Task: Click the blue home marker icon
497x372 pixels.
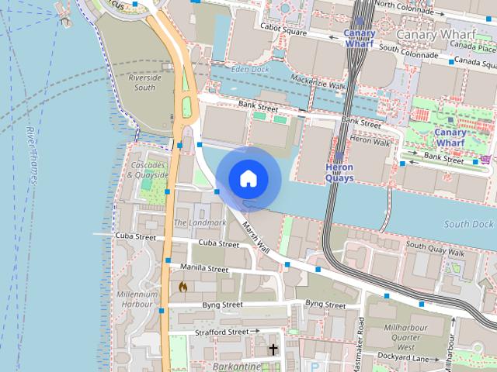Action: [x=248, y=178]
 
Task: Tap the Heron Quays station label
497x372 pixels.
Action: [x=339, y=172]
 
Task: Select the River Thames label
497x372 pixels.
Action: [x=32, y=155]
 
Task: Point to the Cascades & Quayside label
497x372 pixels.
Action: [x=148, y=170]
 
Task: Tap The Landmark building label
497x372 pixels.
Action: [x=200, y=222]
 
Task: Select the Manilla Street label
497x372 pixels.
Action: [x=203, y=268]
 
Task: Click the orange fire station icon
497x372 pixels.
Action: [x=183, y=287]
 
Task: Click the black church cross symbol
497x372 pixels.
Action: [x=273, y=350]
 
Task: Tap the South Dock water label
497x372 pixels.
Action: [x=468, y=224]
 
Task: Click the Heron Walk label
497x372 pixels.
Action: [x=370, y=141]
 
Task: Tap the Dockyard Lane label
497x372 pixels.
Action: [x=403, y=357]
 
